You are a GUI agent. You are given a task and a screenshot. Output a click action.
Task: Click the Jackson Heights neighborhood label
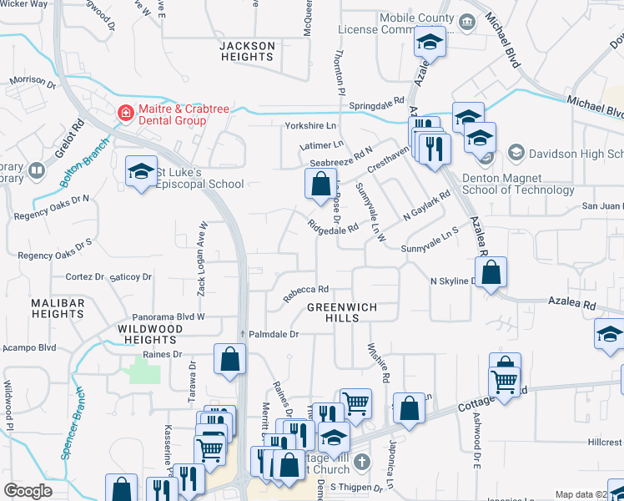(x=246, y=51)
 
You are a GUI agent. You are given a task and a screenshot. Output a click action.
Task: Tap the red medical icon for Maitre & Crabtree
(x=126, y=112)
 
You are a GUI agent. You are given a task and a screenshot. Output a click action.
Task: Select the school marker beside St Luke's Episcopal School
(x=141, y=172)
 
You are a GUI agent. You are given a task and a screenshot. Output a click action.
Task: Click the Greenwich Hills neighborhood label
(x=341, y=313)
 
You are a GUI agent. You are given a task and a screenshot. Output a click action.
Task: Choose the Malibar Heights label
(x=58, y=308)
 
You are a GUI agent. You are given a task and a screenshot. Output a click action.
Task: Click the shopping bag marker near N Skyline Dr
(x=491, y=272)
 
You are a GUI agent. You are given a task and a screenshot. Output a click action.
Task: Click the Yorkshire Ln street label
(x=309, y=126)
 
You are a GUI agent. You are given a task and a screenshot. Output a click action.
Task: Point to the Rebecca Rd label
(x=304, y=292)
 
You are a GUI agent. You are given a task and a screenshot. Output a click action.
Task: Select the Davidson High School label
(x=576, y=154)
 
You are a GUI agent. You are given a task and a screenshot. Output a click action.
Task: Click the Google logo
(x=28, y=491)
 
